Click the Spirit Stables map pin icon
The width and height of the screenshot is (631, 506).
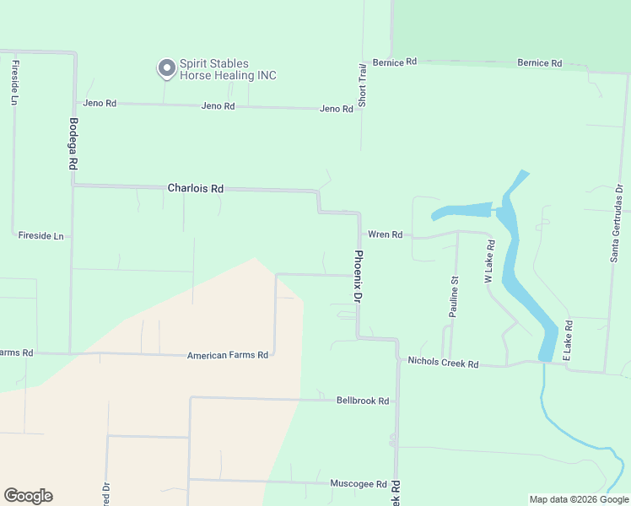click(x=166, y=67)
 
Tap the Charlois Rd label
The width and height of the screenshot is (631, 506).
click(x=195, y=189)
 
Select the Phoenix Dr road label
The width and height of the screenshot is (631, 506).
click(x=358, y=277)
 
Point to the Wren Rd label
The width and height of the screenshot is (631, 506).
click(x=384, y=234)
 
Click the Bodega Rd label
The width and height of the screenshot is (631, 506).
click(x=73, y=144)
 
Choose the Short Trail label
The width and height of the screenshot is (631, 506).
click(x=362, y=84)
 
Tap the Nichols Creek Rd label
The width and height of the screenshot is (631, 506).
click(x=443, y=363)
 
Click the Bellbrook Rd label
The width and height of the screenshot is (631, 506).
click(x=362, y=401)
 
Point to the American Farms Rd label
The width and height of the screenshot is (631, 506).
click(x=227, y=356)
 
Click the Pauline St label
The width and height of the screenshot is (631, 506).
click(x=454, y=297)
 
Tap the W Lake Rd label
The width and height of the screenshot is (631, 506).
click(x=488, y=261)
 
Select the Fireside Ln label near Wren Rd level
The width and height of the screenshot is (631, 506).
click(x=40, y=236)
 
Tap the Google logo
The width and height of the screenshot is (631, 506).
click(x=28, y=496)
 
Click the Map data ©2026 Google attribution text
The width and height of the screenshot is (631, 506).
click(x=579, y=499)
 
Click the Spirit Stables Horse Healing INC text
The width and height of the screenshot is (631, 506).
click(x=228, y=69)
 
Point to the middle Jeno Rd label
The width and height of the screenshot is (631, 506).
click(x=218, y=106)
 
